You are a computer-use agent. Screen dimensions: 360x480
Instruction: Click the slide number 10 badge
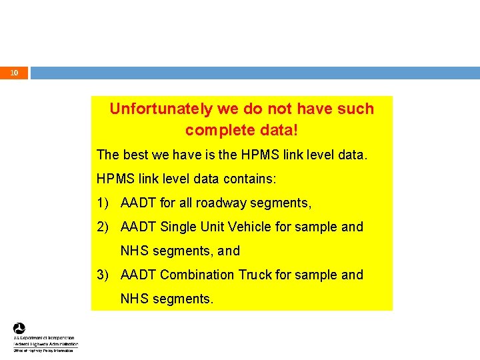(x=15, y=73)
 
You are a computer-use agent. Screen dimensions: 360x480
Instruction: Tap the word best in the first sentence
(x=135, y=155)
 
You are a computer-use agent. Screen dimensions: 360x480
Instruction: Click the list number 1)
(x=104, y=203)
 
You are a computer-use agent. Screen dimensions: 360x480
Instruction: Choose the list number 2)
(x=104, y=227)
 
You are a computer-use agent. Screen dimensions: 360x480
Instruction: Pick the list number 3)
(x=104, y=275)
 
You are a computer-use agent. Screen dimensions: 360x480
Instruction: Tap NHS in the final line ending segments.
(x=135, y=299)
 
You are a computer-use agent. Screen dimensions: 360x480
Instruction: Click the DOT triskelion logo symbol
(x=19, y=329)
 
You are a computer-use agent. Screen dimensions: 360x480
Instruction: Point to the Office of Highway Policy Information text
(x=43, y=350)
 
